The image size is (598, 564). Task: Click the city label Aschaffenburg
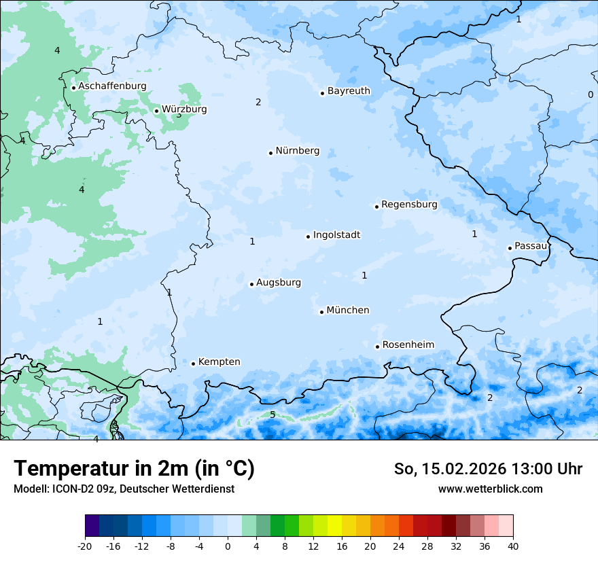pyautogui.click(x=112, y=86)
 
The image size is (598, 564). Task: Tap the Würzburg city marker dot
pyautogui.click(x=156, y=111)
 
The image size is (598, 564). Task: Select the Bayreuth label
pyautogui.click(x=349, y=91)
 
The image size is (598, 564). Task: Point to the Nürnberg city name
pyautogui.click(x=297, y=151)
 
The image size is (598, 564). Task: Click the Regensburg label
pyautogui.click(x=409, y=205)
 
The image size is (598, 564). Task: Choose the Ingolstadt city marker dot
pyautogui.click(x=308, y=236)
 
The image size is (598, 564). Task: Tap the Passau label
pyautogui.click(x=531, y=246)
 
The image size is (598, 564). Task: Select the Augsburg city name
pyautogui.click(x=279, y=283)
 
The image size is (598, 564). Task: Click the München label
pyautogui.click(x=348, y=311)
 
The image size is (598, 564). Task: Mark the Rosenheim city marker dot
pyautogui.click(x=377, y=347)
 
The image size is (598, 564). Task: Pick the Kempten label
pyautogui.click(x=219, y=362)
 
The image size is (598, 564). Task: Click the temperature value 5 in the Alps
pyautogui.click(x=272, y=415)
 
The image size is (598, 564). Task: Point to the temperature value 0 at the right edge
pyautogui.click(x=590, y=94)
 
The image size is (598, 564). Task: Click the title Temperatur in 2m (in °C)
pyautogui.click(x=134, y=469)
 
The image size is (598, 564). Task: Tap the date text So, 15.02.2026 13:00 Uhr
pyautogui.click(x=488, y=469)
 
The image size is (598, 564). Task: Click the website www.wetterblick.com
pyautogui.click(x=490, y=489)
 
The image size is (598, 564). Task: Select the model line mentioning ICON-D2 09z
pyautogui.click(x=124, y=489)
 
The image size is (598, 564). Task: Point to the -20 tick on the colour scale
pyautogui.click(x=85, y=546)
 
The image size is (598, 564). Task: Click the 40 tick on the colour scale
pyautogui.click(x=512, y=546)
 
